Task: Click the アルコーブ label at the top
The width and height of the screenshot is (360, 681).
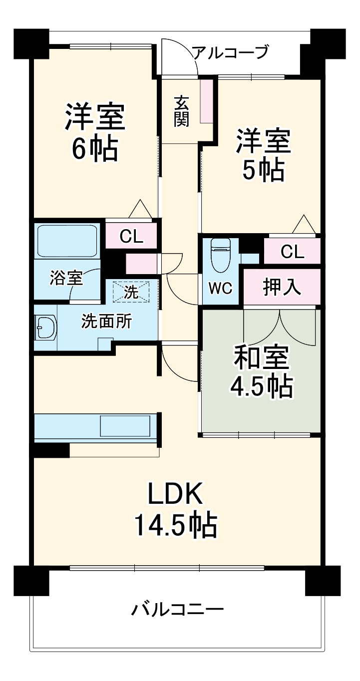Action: click(x=231, y=52)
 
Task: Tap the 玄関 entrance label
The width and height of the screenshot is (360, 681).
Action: click(x=181, y=111)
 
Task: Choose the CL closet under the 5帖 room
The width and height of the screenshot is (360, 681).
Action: click(x=292, y=252)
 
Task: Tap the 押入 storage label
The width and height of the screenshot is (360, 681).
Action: click(x=282, y=288)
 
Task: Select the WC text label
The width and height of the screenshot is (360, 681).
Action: click(x=220, y=289)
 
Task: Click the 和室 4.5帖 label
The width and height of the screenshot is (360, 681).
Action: click(x=261, y=371)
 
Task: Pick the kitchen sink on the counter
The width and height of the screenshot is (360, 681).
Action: click(x=124, y=426)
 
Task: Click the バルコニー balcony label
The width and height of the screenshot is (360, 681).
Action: click(x=177, y=610)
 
